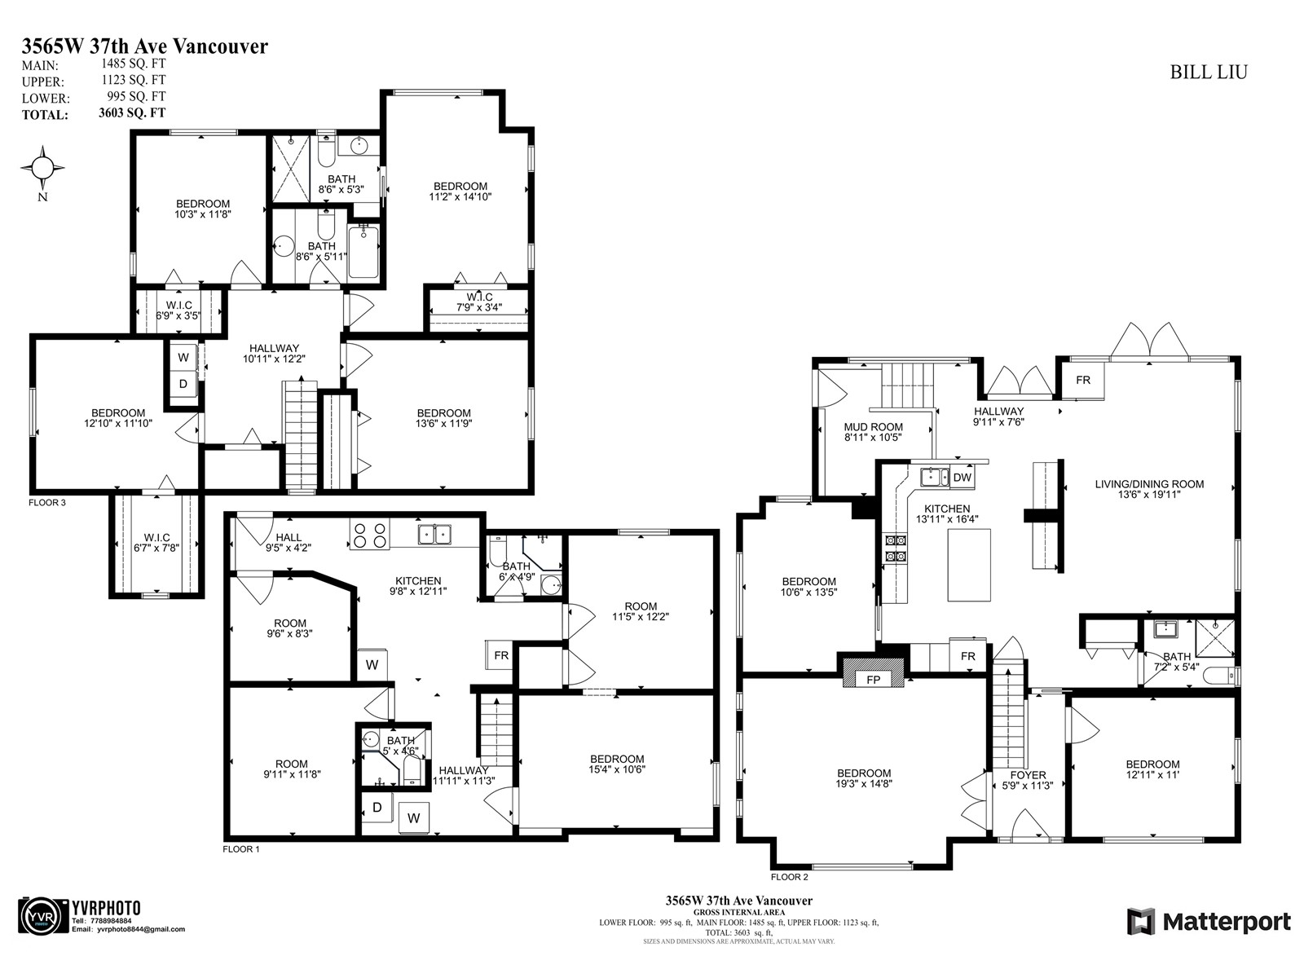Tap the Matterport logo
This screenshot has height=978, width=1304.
1209,922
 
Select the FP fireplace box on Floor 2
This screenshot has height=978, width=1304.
873,679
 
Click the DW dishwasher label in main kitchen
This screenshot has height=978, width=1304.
962,478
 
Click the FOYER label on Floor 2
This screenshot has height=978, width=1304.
1028,775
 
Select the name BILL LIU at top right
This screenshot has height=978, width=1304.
1209,72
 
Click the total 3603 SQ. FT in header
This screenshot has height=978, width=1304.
131,113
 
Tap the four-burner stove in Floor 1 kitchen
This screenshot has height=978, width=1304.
369,535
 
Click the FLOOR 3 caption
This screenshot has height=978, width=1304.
47,503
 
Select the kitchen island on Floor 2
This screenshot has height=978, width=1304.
969,565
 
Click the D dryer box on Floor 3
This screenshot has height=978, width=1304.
183,384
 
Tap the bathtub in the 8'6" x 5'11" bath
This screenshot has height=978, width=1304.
363,252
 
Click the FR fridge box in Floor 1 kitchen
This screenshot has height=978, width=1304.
501,655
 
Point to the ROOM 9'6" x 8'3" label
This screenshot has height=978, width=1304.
290,628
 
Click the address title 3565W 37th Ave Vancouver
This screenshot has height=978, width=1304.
144,46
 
